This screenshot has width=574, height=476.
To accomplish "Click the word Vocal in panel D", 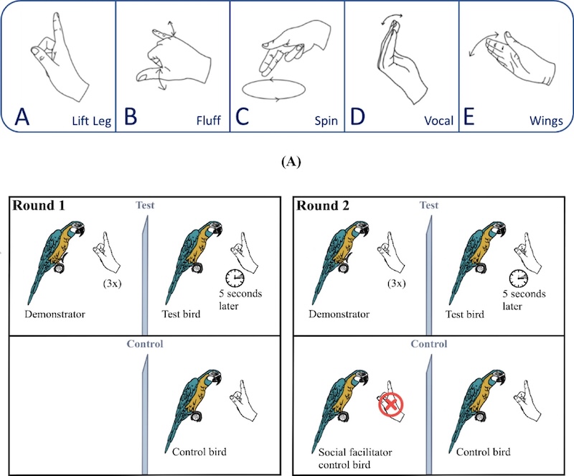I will coord(438,121).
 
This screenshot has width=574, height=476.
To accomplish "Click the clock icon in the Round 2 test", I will coord(519,277).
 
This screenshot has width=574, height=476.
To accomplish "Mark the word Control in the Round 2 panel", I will coord(428,344).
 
